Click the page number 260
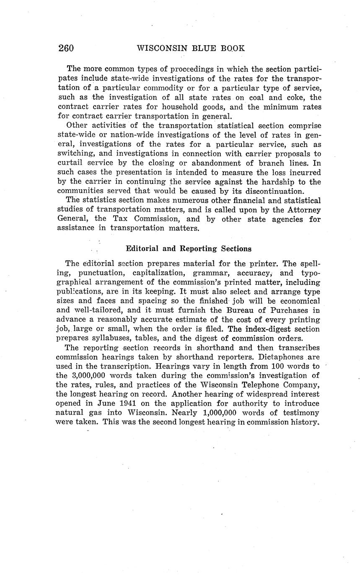coord(66,48)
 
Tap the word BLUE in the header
coord(205,48)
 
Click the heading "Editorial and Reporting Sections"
coord(189,249)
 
